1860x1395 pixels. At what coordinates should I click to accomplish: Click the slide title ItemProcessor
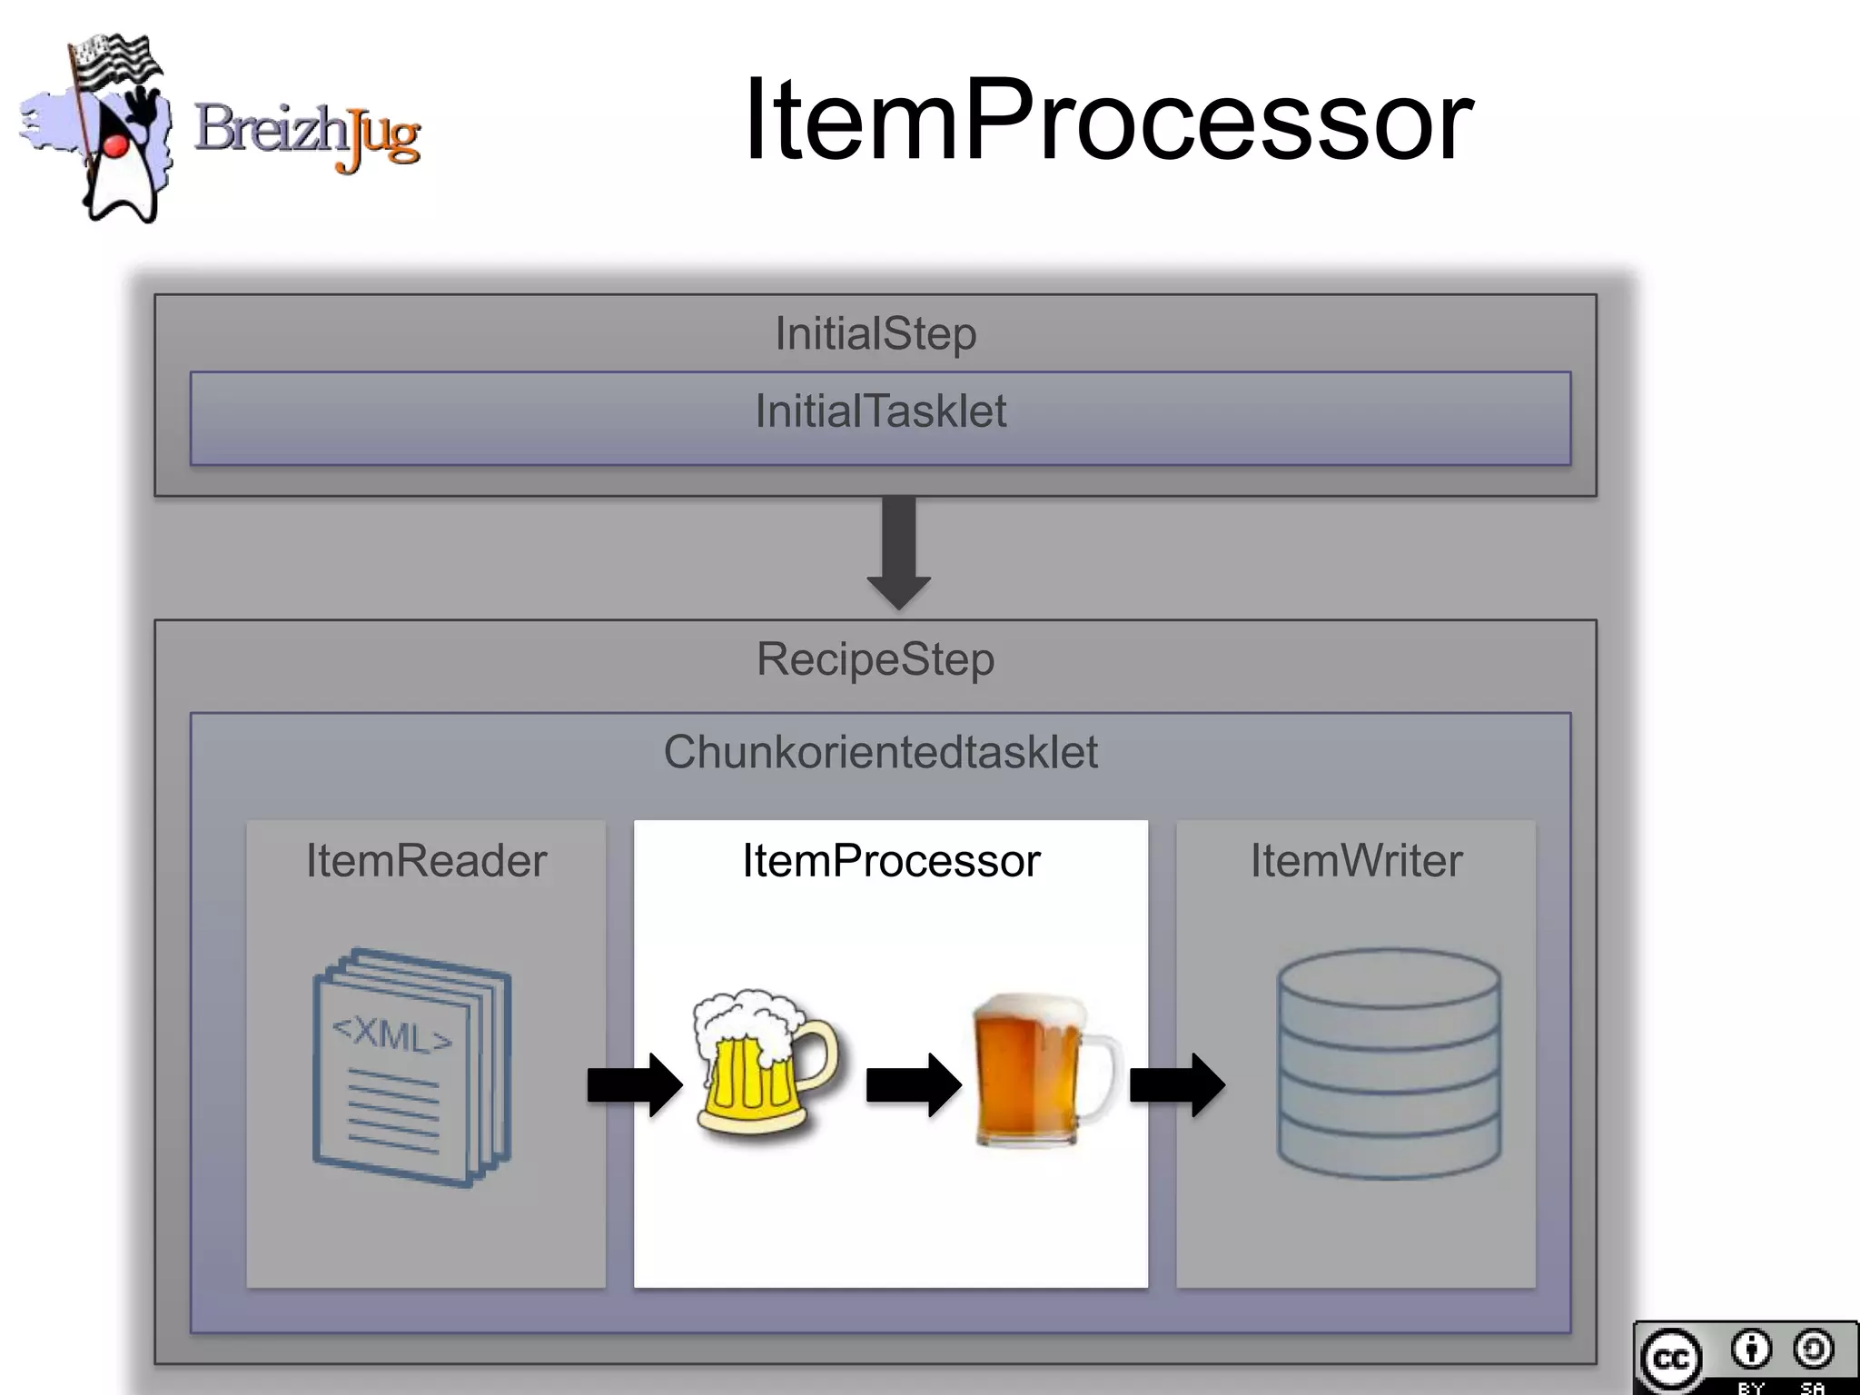click(x=1108, y=121)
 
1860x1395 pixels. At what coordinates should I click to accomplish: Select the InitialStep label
click(x=876, y=333)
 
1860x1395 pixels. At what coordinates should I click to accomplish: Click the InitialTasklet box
click(x=880, y=418)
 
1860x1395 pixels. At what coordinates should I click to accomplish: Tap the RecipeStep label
click(x=876, y=658)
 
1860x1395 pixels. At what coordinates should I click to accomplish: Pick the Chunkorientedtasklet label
click(x=880, y=752)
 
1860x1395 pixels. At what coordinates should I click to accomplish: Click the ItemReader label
click(x=426, y=860)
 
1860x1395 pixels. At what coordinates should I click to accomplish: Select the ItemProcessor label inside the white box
click(x=891, y=860)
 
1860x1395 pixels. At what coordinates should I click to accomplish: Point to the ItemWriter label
click(x=1356, y=860)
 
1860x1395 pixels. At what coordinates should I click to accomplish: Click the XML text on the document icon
click(x=391, y=1034)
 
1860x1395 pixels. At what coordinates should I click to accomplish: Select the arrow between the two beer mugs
click(x=913, y=1084)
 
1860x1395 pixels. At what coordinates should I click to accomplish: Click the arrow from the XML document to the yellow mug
click(x=634, y=1084)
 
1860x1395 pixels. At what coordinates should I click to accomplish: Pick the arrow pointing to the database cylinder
click(x=1176, y=1084)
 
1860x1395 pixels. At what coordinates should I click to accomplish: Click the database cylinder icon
click(x=1389, y=1064)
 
